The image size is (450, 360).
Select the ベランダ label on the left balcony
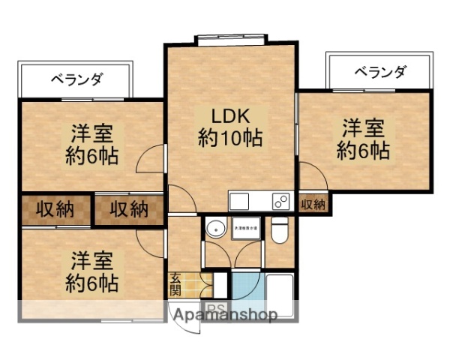coord(76,77)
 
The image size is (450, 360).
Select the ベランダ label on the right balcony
coord(379,73)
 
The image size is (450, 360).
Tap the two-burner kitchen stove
coord(280,201)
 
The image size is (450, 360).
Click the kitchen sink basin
coord(240,201)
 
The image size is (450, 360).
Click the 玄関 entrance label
coord(175,284)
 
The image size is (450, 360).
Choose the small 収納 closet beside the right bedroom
coord(313,204)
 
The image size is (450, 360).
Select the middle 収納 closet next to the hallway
coord(128,209)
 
